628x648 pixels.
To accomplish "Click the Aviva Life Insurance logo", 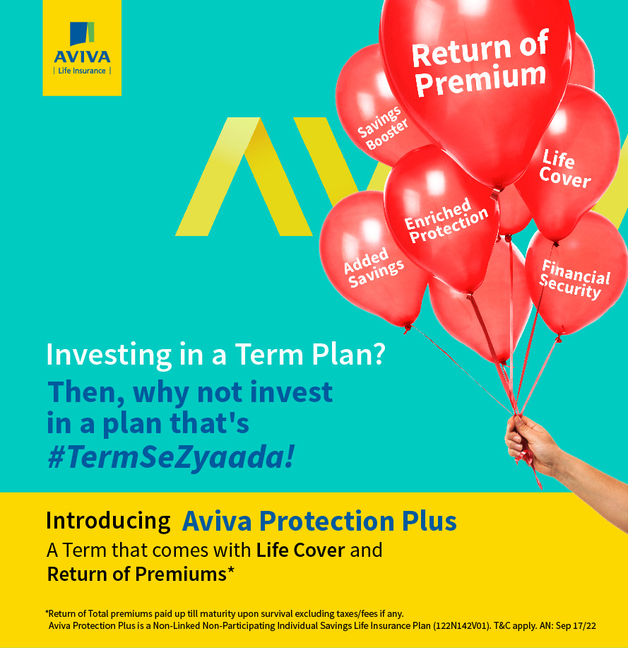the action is point(82,47).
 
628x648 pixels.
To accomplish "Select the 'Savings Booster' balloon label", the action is point(382,128).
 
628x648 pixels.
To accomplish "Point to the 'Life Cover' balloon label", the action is point(564,169).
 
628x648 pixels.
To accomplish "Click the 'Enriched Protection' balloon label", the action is point(446,220).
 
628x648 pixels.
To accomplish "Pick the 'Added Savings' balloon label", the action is point(374,267).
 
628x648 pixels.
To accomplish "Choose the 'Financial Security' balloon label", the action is point(575,279).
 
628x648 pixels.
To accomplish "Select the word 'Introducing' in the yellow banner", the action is point(108,521).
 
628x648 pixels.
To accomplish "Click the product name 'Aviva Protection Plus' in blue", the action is point(319,521).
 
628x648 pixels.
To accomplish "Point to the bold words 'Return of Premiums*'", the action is point(141,574).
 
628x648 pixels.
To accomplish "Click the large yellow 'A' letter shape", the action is point(244,177).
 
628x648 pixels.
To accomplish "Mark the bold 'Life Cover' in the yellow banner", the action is point(300,550).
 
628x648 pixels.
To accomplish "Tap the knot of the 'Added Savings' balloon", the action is point(408,329).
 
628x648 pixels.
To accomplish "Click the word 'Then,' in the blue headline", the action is point(86,392).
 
